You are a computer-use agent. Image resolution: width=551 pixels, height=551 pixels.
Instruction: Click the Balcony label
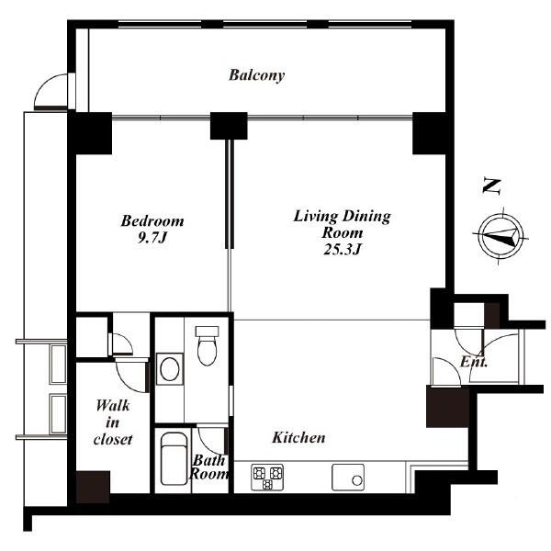(x=256, y=75)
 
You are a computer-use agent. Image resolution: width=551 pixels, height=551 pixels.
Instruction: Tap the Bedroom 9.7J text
(x=152, y=229)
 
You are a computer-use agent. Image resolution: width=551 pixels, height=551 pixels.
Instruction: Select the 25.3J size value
(x=343, y=250)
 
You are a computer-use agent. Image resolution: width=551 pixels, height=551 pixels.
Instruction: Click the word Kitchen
(x=298, y=437)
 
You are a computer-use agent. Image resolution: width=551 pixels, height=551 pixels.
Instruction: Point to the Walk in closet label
(x=113, y=422)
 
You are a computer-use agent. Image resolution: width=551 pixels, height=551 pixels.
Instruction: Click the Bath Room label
(x=208, y=467)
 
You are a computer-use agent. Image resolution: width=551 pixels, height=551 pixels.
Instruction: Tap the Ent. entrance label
(x=474, y=362)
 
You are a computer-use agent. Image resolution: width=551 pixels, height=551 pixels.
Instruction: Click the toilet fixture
(x=207, y=345)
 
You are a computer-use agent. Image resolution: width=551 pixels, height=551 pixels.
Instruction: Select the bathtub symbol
(x=174, y=458)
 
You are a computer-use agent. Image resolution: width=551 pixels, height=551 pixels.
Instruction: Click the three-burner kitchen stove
(x=267, y=478)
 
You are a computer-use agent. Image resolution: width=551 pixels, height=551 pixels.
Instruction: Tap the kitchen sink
(x=348, y=478)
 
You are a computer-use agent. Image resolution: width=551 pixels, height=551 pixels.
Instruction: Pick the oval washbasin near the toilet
(x=169, y=369)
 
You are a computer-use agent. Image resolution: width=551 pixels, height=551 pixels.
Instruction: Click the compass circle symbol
(x=500, y=236)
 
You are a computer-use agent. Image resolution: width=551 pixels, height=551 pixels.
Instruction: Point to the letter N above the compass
(x=491, y=186)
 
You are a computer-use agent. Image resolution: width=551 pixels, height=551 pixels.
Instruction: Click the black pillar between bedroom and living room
(x=229, y=126)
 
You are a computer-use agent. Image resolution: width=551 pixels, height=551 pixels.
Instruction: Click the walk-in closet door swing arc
(x=127, y=384)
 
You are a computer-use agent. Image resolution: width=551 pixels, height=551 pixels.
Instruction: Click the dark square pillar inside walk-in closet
(x=93, y=487)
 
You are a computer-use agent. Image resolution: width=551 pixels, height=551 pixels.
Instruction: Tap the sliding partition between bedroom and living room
(x=230, y=195)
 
